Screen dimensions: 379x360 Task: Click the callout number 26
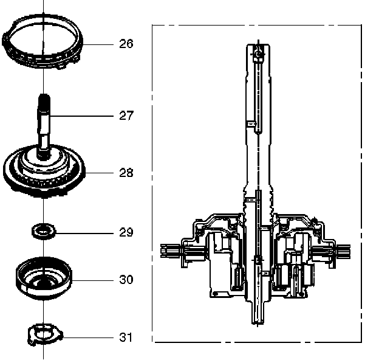[126, 44]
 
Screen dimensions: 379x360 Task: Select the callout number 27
[126, 115]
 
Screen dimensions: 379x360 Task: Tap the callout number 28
[126, 173]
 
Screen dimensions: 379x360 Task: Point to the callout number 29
[126, 232]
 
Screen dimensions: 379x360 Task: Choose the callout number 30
[126, 280]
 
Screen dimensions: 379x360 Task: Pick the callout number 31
[126, 337]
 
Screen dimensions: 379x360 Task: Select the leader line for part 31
[88, 337]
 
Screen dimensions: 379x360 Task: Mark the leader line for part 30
[91, 280]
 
